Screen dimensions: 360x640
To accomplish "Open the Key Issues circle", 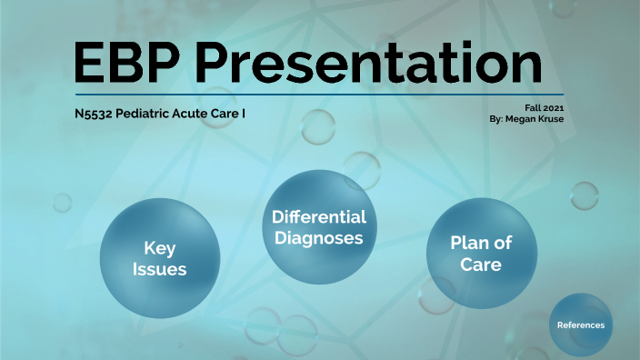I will coord(159,257).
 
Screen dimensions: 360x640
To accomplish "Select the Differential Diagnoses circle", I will coord(319,228).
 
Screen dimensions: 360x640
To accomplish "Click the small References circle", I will coord(580,325).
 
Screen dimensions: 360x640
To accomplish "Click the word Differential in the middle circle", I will coord(319,217).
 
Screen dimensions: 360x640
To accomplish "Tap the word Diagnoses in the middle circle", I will coord(319,239).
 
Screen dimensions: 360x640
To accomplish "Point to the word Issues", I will coord(159,269).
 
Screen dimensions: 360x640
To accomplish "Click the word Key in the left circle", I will coord(159,247).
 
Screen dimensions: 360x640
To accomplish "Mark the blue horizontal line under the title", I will coord(318,95).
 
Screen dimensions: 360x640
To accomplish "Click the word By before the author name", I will coord(496,119).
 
